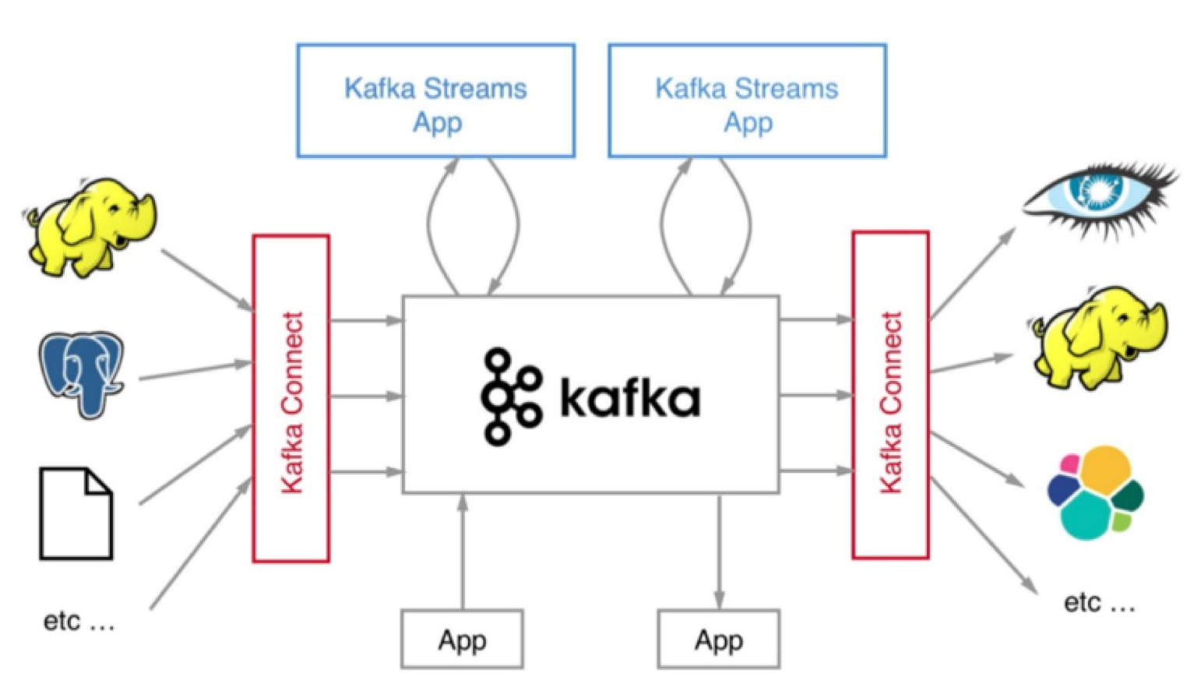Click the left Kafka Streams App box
point(435,101)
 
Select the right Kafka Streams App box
point(746,101)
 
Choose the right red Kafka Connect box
point(890,396)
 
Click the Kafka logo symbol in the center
point(510,397)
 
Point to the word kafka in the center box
point(629,398)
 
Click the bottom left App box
point(462,640)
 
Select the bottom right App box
point(718,640)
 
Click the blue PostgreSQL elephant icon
point(82,373)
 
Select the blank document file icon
point(76,513)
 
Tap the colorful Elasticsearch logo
point(1095,493)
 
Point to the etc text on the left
point(79,622)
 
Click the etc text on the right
point(1099,603)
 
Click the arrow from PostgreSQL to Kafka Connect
point(195,371)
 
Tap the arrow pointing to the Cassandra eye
point(974,273)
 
